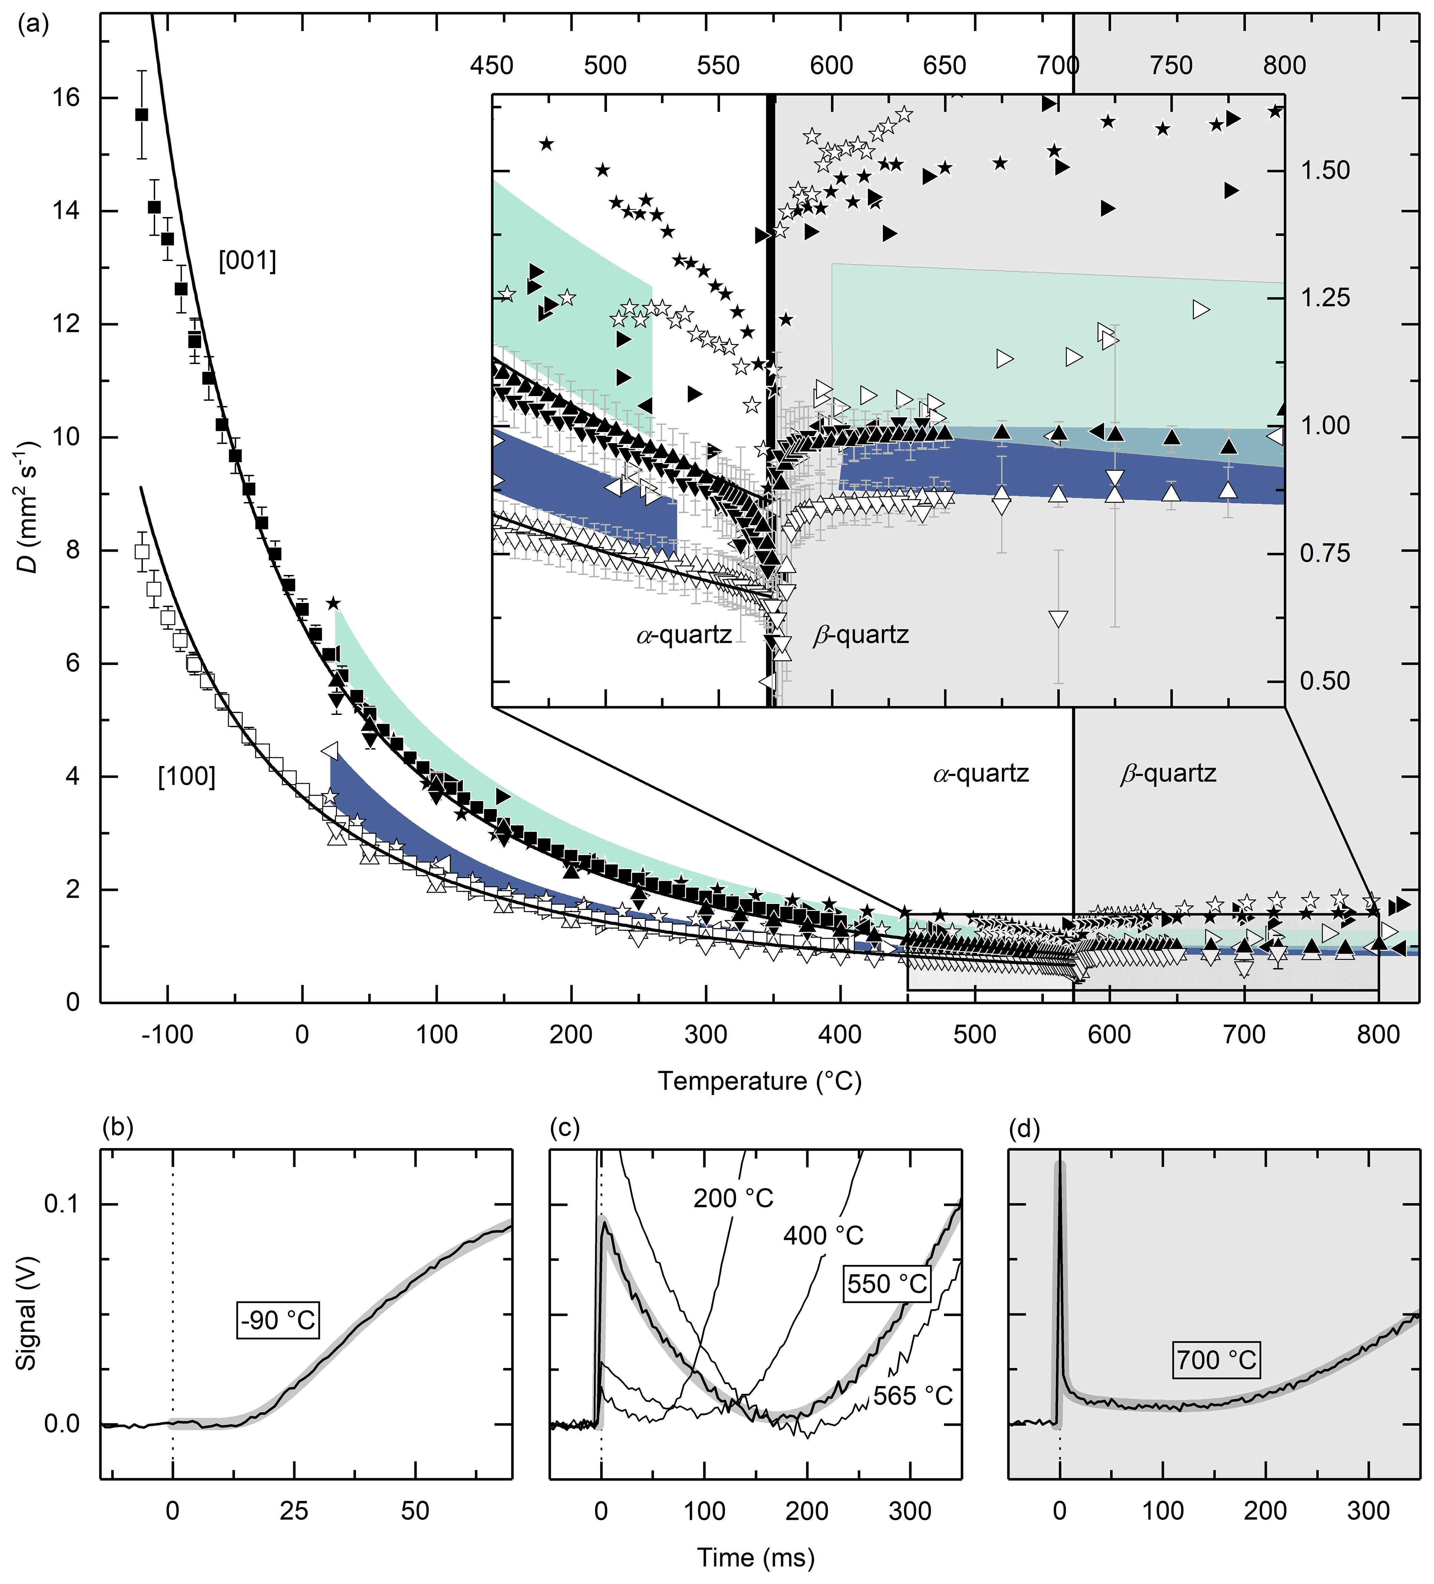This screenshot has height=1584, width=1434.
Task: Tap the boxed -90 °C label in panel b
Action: (278, 1320)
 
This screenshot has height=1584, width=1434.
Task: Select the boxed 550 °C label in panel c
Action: (887, 1284)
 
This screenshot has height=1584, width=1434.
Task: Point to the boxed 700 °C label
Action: (1216, 1359)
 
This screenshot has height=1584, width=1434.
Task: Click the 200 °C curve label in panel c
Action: (733, 1198)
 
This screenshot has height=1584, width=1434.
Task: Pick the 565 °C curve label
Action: (913, 1395)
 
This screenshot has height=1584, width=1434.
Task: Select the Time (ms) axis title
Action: (755, 1557)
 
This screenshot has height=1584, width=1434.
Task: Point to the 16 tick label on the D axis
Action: (67, 98)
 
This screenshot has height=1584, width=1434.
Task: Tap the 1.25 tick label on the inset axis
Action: (1325, 298)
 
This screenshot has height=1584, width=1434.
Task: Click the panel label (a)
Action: (33, 24)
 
